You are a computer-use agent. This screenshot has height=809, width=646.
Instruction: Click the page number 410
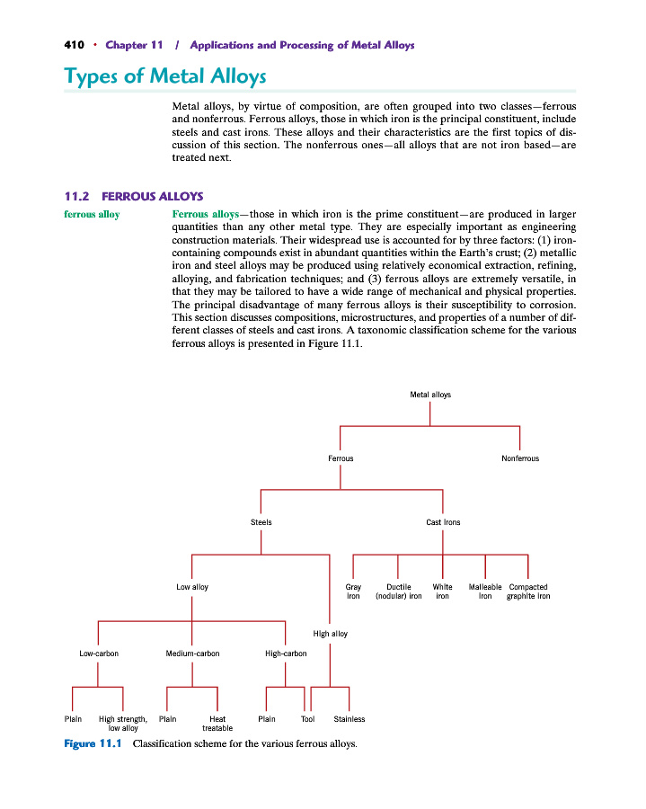pos(74,45)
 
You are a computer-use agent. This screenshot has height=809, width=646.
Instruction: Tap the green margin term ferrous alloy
pos(92,215)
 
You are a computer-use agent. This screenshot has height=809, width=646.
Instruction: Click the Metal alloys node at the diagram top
pos(430,395)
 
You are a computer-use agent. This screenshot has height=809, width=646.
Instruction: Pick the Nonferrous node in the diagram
pos(520,458)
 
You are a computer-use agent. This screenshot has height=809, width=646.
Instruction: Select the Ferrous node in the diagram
pos(341,458)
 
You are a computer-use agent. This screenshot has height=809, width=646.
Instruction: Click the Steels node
pos(261,522)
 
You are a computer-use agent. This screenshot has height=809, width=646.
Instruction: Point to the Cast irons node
pos(443,522)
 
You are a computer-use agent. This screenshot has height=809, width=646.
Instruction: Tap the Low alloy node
pos(192,587)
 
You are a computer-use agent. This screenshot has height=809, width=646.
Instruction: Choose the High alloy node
pos(330,634)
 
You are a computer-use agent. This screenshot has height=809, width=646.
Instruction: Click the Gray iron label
pos(353,591)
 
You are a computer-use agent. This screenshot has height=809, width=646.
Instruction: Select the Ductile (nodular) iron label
pos(398,591)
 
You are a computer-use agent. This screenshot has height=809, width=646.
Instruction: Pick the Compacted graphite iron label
pos(528,591)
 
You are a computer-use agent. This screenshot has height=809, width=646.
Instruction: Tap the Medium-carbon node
pos(192,653)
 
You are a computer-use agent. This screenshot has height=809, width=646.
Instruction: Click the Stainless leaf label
pos(349,719)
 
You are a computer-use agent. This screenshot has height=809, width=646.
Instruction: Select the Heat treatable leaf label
pos(217,724)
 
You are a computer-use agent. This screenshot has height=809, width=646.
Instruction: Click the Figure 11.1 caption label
pos(93,744)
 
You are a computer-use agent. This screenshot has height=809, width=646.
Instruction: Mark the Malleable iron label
pos(485,591)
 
